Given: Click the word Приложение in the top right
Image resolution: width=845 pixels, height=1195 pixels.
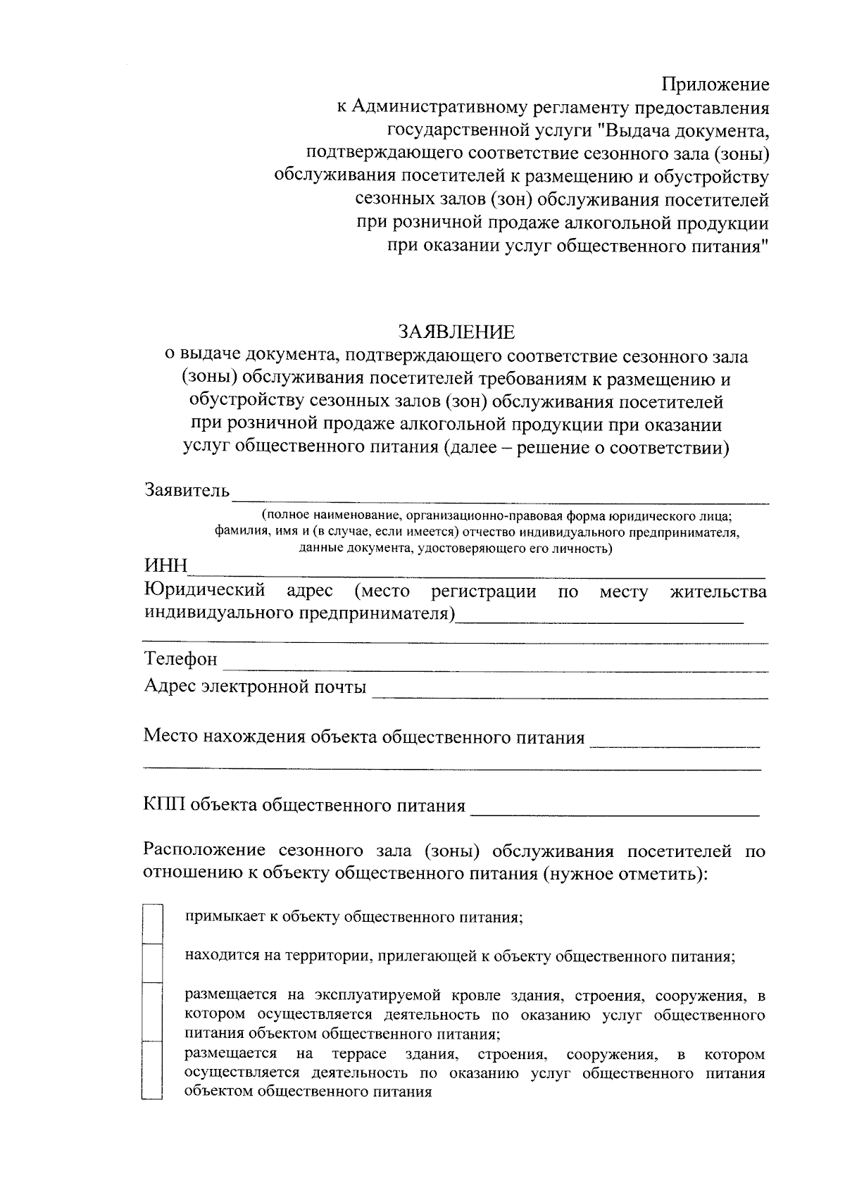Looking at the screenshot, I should [715, 85].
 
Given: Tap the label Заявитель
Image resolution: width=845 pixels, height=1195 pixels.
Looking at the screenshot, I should [187, 489].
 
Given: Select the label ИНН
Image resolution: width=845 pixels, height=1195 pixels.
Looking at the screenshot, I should [165, 566].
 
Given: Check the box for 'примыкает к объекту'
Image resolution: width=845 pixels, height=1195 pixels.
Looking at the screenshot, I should [152, 923].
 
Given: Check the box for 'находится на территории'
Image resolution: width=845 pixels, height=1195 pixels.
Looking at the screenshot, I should [152, 962].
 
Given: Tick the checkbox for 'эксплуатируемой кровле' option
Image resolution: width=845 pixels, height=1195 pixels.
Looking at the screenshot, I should [152, 1011].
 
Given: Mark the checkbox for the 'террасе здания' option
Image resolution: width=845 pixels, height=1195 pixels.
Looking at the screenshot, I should [152, 1070].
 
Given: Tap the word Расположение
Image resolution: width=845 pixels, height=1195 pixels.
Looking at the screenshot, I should [204, 851].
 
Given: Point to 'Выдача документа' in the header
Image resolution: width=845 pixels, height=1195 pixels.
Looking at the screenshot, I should [687, 131].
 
